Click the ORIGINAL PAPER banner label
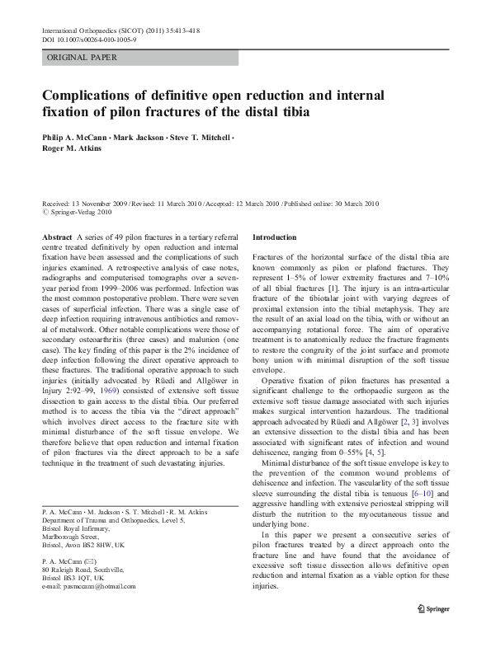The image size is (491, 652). coord(83,58)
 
